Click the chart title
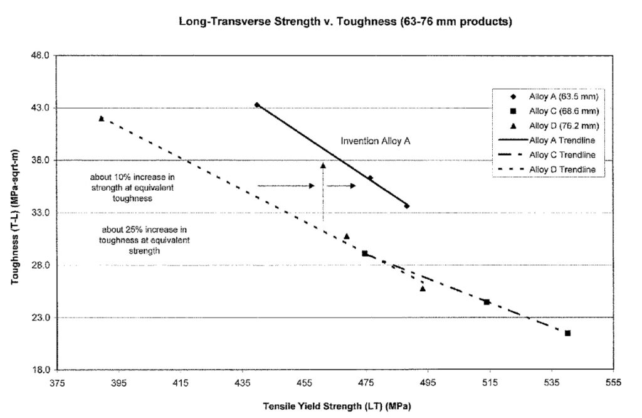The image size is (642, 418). tap(345, 22)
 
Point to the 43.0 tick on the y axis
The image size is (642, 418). tap(40, 108)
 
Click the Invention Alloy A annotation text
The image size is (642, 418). tap(376, 141)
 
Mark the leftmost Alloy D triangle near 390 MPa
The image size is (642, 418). tap(101, 118)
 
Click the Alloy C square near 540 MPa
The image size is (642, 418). tap(567, 333)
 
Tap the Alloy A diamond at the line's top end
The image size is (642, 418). tap(256, 104)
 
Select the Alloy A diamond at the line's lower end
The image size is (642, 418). tap(407, 206)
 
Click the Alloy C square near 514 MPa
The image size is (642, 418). tap(487, 302)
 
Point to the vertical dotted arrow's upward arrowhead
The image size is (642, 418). tap(323, 166)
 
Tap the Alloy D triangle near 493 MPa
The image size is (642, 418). tap(423, 288)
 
